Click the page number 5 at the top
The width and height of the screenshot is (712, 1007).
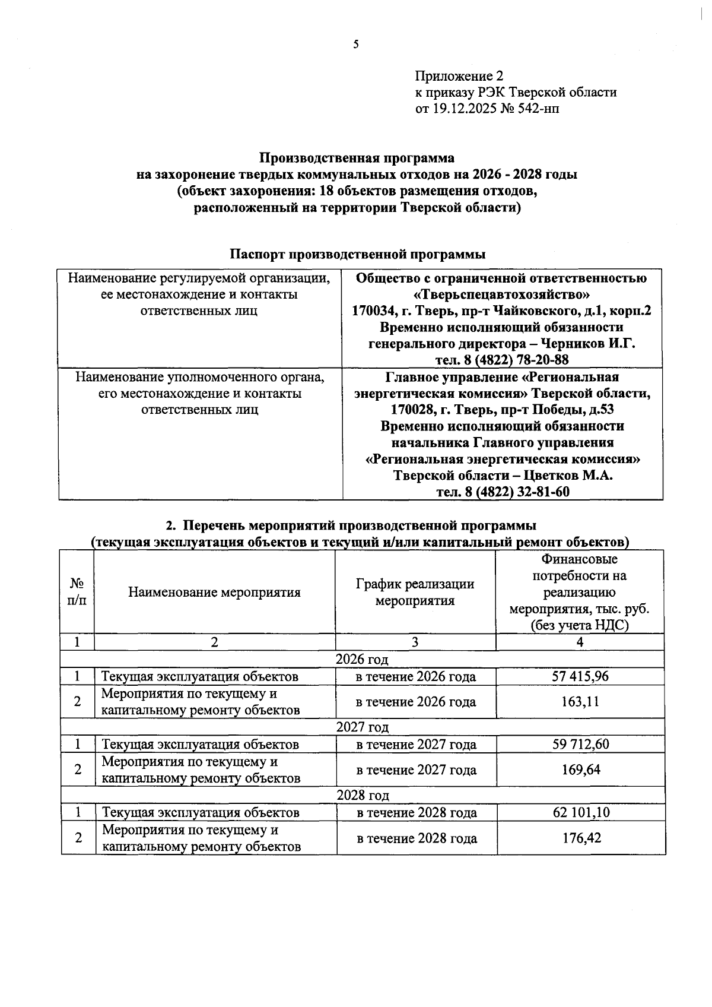coord(356,44)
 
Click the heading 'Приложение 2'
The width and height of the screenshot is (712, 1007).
coord(459,76)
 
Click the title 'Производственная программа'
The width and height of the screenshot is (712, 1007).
coord(357,158)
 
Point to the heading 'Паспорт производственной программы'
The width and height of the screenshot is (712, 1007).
coord(358,254)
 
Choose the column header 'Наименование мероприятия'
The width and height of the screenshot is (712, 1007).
coord(214,592)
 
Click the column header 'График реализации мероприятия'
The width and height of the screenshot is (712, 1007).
coord(415,592)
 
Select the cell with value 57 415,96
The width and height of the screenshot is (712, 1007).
coord(580,676)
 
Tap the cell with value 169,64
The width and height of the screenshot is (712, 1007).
coord(580,769)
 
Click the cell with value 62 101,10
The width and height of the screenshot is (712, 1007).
coord(581,812)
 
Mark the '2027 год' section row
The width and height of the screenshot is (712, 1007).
coord(362,727)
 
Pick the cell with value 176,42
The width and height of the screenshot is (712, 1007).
coord(581,838)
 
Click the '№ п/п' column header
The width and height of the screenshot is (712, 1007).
coord(77,592)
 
